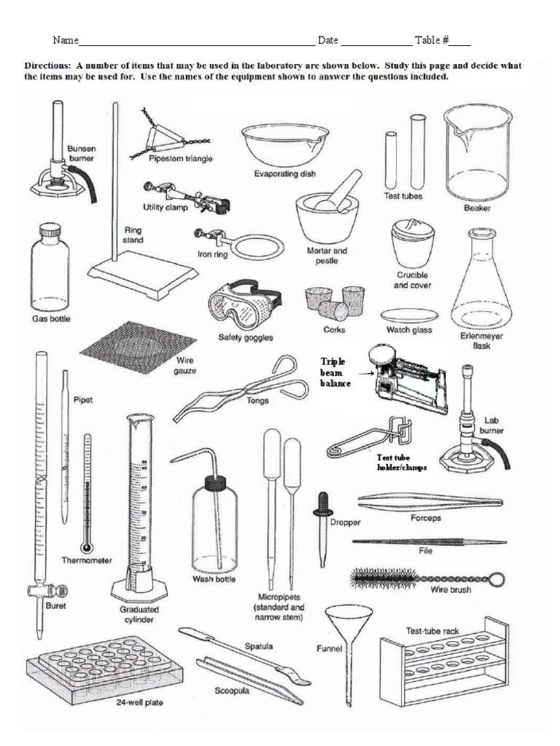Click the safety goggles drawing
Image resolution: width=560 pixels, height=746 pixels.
tap(244, 305)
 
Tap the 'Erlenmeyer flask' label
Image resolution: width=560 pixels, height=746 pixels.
tap(475, 341)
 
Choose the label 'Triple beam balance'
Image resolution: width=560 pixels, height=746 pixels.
tap(335, 372)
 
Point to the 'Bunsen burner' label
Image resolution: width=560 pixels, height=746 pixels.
tap(81, 153)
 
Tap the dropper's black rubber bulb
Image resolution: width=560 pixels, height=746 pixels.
tap(319, 503)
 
